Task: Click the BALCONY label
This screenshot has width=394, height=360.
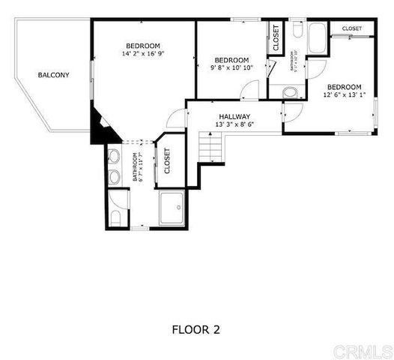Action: pyautogui.click(x=53, y=75)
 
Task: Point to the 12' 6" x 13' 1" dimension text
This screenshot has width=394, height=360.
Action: pyautogui.click(x=344, y=94)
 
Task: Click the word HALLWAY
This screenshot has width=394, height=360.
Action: pyautogui.click(x=234, y=117)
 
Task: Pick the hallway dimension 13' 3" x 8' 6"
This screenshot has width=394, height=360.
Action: pyautogui.click(x=234, y=124)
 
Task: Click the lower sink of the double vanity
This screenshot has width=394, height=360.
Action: pyautogui.click(x=115, y=177)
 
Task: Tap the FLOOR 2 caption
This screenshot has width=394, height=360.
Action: pyautogui.click(x=196, y=328)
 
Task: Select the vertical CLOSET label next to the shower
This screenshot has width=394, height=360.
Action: pyautogui.click(x=167, y=160)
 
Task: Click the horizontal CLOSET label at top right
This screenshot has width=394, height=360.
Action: pyautogui.click(x=352, y=28)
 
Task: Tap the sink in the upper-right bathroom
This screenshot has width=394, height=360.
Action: pyautogui.click(x=291, y=93)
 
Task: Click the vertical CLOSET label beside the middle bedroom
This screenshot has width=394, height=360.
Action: pyautogui.click(x=276, y=38)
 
